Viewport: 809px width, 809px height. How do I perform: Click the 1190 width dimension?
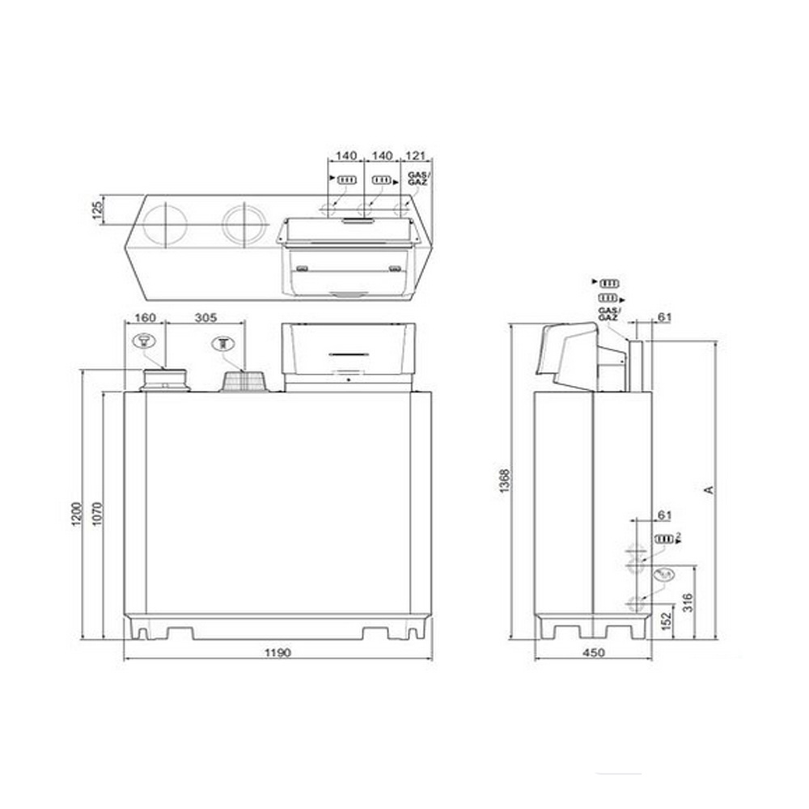pos(277,652)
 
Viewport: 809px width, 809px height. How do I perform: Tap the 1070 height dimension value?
pos(96,514)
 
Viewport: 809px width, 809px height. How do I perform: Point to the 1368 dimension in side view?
pos(504,481)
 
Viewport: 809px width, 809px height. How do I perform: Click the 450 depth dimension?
pos(593,656)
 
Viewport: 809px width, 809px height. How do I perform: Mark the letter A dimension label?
pos(709,489)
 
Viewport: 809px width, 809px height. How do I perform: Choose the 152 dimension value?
pos(665,621)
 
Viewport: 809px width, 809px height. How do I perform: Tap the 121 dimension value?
pos(416,155)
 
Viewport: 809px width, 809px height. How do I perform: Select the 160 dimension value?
pos(144,317)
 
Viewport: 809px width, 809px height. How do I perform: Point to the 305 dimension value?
pos(205,317)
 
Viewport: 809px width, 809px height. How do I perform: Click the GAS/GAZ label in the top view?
pos(418,180)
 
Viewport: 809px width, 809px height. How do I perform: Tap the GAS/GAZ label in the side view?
pos(608,315)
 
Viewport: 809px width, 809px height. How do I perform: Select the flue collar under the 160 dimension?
pos(165,379)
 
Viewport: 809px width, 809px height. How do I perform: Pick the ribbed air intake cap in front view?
pos(244,382)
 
